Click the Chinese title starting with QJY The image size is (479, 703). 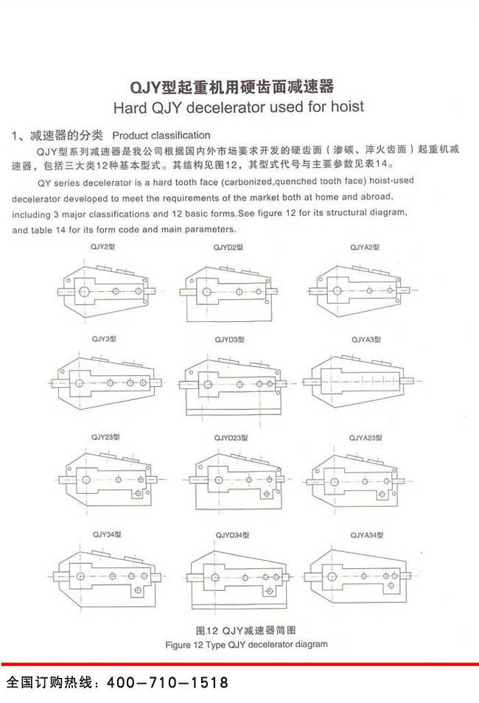pyautogui.click(x=232, y=86)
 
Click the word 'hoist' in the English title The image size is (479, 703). pyautogui.click(x=347, y=107)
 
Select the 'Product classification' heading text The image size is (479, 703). pyautogui.click(x=161, y=136)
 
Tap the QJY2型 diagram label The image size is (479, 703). pyautogui.click(x=102, y=247)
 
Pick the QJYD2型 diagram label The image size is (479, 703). pyautogui.click(x=228, y=247)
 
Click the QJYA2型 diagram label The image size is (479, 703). pyautogui.click(x=365, y=247)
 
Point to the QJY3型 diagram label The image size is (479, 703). pyautogui.click(x=104, y=339)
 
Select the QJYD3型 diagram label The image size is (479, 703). pyautogui.click(x=230, y=340)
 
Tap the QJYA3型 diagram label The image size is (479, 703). pyautogui.click(x=366, y=340)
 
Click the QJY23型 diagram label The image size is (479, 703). pyautogui.click(x=105, y=437)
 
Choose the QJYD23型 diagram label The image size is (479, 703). pyautogui.click(x=231, y=438)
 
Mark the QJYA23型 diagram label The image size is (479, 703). pyautogui.click(x=366, y=438)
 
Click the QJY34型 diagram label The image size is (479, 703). pyautogui.click(x=107, y=534)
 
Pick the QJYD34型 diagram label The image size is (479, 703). pyautogui.click(x=232, y=535)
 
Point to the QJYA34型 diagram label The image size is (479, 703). pyautogui.click(x=367, y=535)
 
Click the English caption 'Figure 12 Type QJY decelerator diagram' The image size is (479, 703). pyautogui.click(x=246, y=645)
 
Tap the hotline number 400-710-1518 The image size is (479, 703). pyautogui.click(x=167, y=682)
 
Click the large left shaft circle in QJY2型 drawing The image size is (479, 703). pyautogui.click(x=83, y=292)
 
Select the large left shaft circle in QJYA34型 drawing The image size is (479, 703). pyautogui.click(x=332, y=576)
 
